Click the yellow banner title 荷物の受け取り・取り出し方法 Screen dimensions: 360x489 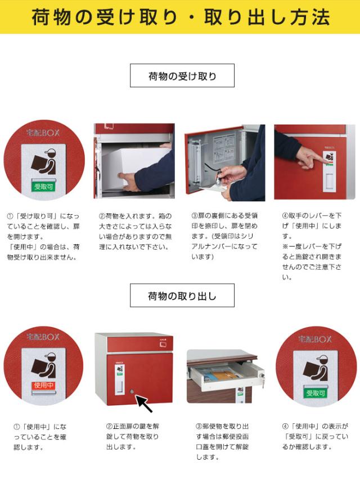click(181, 17)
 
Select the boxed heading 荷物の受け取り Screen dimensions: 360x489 click(182, 76)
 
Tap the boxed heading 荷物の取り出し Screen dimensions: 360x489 click(182, 296)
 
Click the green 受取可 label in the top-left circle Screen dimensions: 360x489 click(43, 187)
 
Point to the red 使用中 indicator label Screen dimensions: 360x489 click(44, 386)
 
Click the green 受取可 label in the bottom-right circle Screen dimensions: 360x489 click(316, 393)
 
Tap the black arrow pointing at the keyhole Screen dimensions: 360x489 click(143, 403)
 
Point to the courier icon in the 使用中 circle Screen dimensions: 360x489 click(44, 365)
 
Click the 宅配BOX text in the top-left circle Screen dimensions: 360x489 click(43, 133)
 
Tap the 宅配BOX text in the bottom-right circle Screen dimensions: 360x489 click(315, 339)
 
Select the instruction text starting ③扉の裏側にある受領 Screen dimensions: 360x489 click(224, 236)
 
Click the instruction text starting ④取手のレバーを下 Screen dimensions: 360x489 click(312, 246)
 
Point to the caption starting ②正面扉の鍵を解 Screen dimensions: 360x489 click(132, 436)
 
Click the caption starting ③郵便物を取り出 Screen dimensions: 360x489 click(222, 441)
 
